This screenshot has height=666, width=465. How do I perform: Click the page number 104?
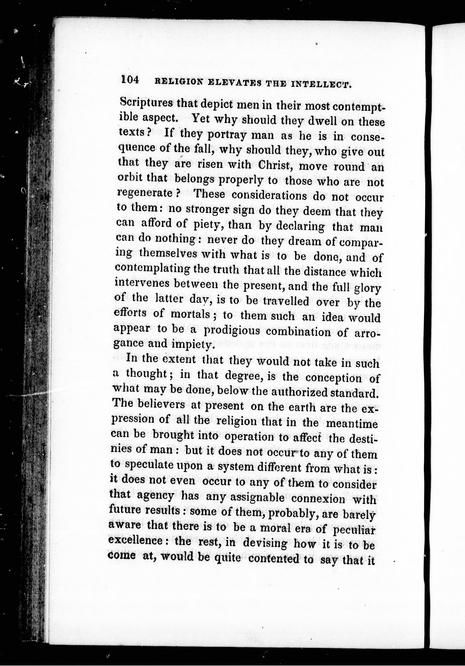coord(130,80)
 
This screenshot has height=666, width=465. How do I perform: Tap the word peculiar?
coord(354,530)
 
